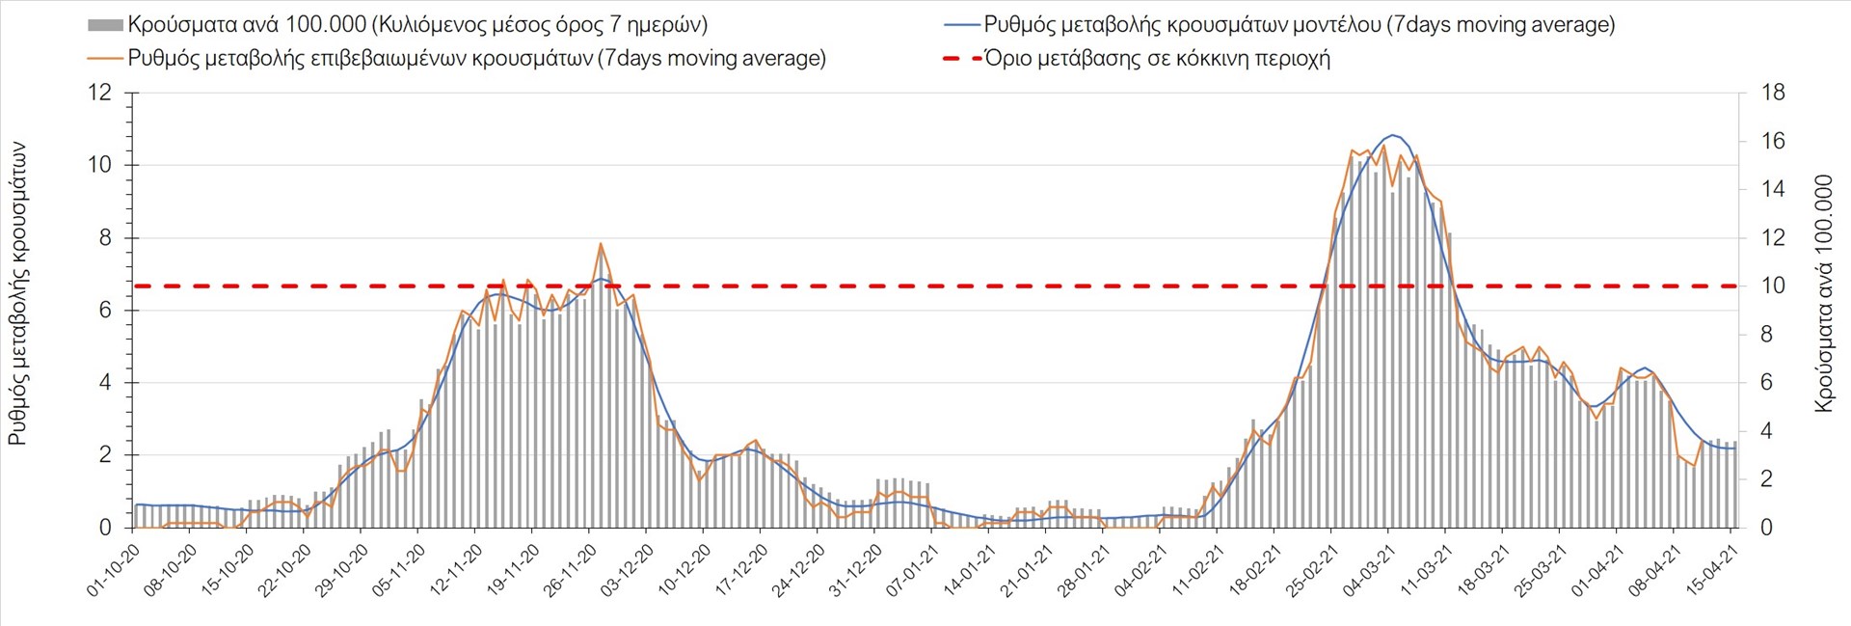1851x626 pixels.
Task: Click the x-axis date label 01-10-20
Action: (x=115, y=570)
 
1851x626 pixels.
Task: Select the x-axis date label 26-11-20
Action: (x=571, y=570)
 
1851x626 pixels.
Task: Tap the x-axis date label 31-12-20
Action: (x=856, y=570)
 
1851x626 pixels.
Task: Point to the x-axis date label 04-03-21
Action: (x=1370, y=570)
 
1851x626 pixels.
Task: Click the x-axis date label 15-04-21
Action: (x=1712, y=570)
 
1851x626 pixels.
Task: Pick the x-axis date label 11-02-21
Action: (x=1198, y=570)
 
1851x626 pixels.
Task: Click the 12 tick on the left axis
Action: (x=99, y=93)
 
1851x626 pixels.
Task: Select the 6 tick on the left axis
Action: (x=105, y=311)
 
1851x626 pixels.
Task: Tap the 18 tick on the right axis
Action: (x=1773, y=93)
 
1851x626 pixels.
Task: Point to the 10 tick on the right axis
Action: (x=1773, y=286)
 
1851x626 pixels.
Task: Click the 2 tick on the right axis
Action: (x=1767, y=479)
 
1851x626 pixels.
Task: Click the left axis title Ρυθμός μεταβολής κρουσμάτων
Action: (x=17, y=294)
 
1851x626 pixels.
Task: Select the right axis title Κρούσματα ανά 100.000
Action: (x=1823, y=294)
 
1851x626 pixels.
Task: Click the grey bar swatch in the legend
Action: (x=105, y=25)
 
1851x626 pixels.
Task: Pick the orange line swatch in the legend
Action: (x=105, y=58)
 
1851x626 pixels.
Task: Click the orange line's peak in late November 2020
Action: (x=601, y=244)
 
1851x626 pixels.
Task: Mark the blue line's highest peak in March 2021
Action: (x=1393, y=135)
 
